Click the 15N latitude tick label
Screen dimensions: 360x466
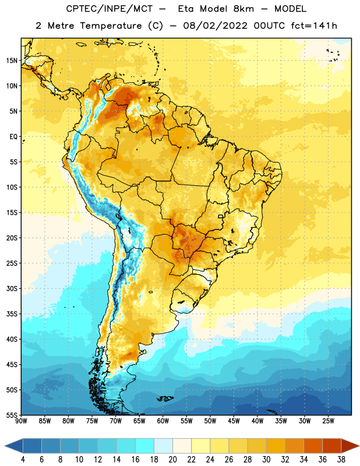tap(12, 61)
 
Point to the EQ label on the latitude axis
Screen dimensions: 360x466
tap(13, 137)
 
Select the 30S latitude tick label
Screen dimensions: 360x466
tap(12, 288)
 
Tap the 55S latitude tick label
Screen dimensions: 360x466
tap(12, 415)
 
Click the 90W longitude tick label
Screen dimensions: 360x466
tap(21, 421)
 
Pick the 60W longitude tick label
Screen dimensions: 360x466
tap(163, 421)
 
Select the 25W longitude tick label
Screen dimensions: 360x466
tap(328, 421)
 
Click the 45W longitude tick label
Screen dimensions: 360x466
tap(234, 421)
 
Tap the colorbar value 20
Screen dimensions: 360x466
tap(172, 460)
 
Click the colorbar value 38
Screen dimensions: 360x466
tap(341, 460)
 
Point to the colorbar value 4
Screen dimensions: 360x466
tap(23, 460)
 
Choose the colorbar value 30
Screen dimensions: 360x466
tap(266, 460)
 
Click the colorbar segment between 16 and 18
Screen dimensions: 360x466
tap(145, 446)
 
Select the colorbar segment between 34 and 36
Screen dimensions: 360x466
tap(313, 446)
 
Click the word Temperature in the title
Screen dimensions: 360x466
tap(111, 26)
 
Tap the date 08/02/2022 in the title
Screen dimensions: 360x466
tap(215, 26)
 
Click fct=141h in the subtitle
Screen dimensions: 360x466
tap(314, 26)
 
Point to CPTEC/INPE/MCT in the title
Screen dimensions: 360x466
tap(110, 9)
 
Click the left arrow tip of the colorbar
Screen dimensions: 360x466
tap(5, 446)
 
